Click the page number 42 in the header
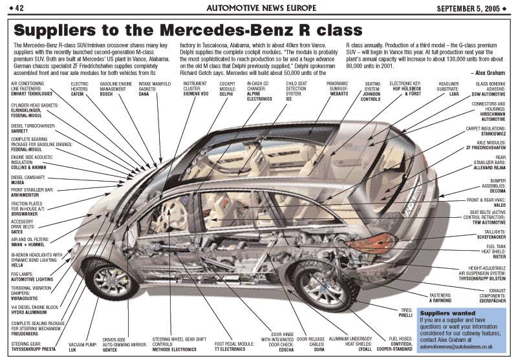click(17, 7)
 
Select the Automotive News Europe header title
click(258, 7)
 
